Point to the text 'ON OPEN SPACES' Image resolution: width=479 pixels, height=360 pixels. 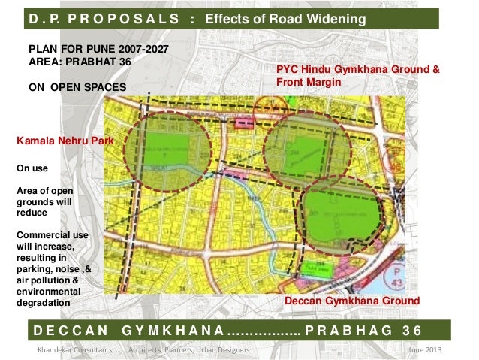click(x=78, y=87)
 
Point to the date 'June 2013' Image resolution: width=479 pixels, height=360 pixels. click(x=425, y=351)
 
